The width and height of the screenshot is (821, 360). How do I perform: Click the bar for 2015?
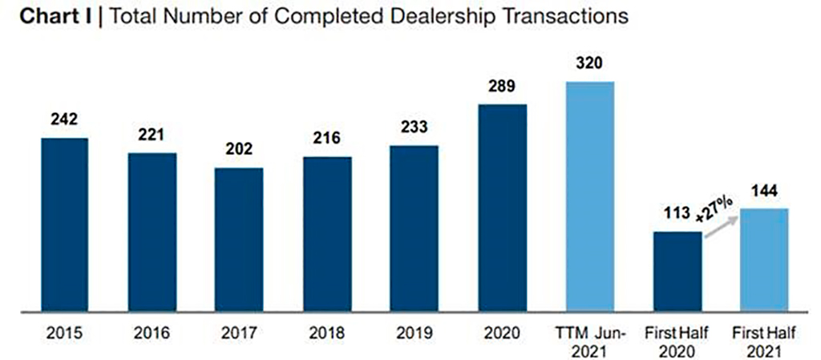pos(65,224)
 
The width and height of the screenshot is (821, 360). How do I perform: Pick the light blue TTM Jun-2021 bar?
pos(590,196)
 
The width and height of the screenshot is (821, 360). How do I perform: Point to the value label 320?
pos(589,64)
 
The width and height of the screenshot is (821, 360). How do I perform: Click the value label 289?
pos(503,87)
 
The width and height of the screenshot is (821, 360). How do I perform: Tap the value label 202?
pos(239,149)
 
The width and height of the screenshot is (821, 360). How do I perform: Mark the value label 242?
pos(65,120)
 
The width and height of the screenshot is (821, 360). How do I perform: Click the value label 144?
pos(764,192)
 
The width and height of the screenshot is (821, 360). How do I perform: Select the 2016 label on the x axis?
pos(152,332)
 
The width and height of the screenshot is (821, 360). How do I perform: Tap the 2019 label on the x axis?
pos(415,332)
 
